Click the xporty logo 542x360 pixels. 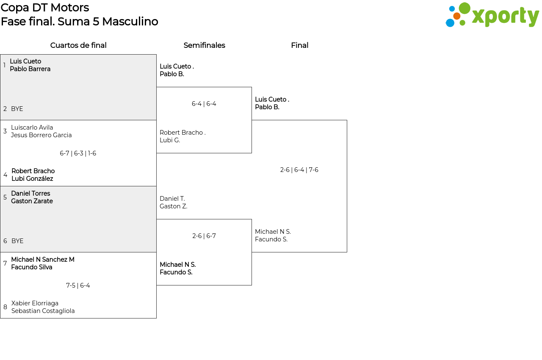click(x=492, y=15)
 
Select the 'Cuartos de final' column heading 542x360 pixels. click(x=78, y=45)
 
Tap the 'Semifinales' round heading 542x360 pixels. click(x=204, y=45)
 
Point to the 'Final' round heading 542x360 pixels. click(x=299, y=45)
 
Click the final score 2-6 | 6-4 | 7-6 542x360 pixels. click(x=299, y=170)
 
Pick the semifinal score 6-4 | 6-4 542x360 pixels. click(x=204, y=104)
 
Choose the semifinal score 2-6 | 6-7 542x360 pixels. click(x=204, y=236)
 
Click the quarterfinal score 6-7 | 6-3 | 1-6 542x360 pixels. click(x=78, y=153)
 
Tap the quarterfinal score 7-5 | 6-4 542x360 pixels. click(x=78, y=285)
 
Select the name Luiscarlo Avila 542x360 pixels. click(x=32, y=127)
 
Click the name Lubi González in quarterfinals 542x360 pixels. click(x=32, y=179)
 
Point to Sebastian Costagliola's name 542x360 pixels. click(x=43, y=311)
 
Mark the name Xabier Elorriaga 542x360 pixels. click(x=35, y=303)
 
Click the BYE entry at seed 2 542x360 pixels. click(x=17, y=109)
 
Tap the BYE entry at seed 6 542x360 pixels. click(x=17, y=241)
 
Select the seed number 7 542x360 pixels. click(x=5, y=263)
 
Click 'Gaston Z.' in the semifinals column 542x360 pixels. click(x=173, y=206)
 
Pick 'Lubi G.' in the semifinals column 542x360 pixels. click(x=170, y=140)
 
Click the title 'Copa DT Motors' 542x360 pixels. click(x=45, y=8)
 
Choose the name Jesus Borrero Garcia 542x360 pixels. click(x=41, y=135)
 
